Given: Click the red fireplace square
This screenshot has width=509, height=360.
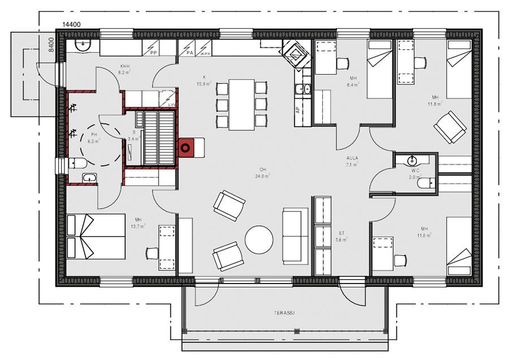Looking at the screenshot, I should click(x=186, y=148).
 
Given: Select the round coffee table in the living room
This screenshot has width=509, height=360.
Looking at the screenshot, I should click(x=259, y=239).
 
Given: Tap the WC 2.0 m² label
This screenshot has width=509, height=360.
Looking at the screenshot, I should click(x=415, y=173).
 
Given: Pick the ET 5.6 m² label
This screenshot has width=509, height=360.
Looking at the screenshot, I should click(x=342, y=237).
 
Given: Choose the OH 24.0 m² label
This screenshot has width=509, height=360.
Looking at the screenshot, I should click(x=263, y=173).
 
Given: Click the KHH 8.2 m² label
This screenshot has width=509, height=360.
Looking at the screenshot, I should click(x=124, y=69).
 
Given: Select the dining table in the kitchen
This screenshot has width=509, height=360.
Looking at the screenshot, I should click(x=241, y=104).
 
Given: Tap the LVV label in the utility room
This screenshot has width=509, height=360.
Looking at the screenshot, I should click(x=171, y=104).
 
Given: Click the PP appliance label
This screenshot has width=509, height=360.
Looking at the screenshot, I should click(x=153, y=53).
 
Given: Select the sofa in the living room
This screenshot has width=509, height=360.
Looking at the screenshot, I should click(x=295, y=235).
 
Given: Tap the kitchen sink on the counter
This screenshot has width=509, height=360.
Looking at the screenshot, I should click(x=303, y=88).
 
